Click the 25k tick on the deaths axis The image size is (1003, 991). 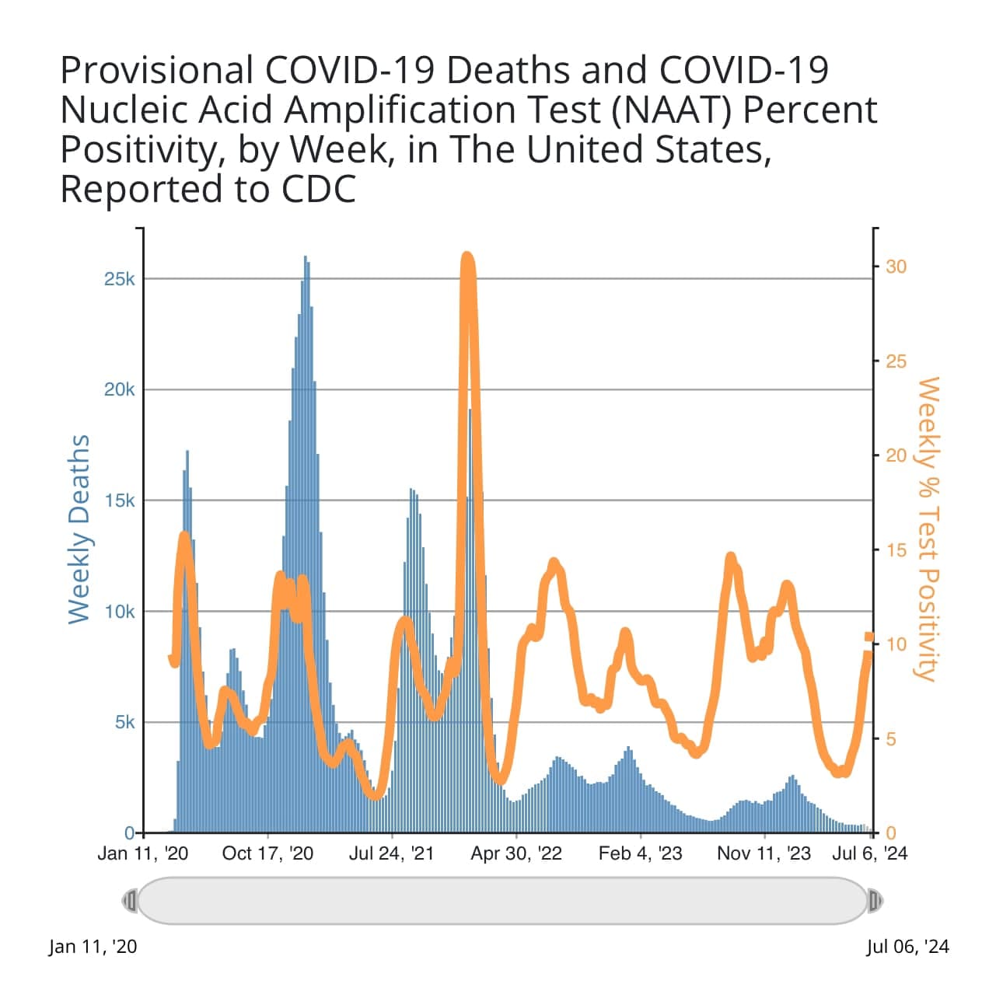click(x=119, y=279)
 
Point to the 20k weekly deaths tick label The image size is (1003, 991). click(x=119, y=389)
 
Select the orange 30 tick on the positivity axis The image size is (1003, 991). click(x=896, y=267)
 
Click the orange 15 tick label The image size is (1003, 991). click(x=896, y=550)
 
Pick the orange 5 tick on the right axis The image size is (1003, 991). click(x=891, y=739)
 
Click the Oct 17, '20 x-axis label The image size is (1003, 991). click(x=267, y=853)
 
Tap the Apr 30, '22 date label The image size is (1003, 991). click(x=516, y=853)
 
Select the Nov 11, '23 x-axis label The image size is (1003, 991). click(x=764, y=853)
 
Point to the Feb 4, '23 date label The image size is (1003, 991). click(x=640, y=853)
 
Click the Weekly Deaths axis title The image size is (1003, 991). click(x=79, y=529)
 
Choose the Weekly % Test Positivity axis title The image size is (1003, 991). click(x=928, y=529)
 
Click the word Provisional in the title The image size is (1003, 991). click(x=156, y=70)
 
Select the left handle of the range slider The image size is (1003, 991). click(x=130, y=901)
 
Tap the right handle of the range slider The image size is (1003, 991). click(x=875, y=901)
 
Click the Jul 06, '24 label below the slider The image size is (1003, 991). click(x=907, y=946)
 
